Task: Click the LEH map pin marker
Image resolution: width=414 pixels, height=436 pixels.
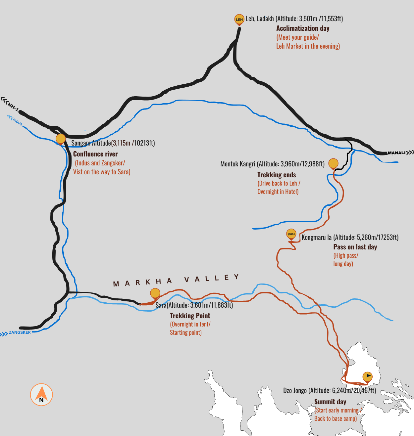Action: [x=239, y=20]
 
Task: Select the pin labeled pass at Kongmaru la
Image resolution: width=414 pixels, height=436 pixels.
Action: [x=291, y=234]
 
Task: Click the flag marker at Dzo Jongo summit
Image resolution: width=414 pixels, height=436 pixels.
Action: [x=367, y=377]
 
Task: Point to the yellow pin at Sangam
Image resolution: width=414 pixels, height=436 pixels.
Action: [x=61, y=139]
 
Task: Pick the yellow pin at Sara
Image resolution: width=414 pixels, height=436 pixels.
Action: [x=155, y=293]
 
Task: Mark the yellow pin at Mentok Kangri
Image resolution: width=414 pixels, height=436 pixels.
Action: [x=333, y=163]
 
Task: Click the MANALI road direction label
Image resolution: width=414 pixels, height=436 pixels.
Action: [x=396, y=153]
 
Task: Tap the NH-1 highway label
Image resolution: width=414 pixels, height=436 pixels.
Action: [x=14, y=107]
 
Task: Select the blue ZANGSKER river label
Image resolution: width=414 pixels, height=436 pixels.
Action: [x=20, y=332]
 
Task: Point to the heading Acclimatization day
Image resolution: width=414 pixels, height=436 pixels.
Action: [x=303, y=28]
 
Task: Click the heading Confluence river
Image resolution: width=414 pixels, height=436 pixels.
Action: [x=95, y=154]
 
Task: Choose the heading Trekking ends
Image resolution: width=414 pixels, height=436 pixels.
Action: [x=277, y=175]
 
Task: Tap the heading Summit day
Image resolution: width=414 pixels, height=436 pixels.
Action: [x=330, y=402]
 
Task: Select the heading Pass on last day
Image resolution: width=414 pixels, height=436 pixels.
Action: [x=355, y=247]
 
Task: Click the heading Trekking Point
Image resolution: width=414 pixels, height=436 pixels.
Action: [x=190, y=316]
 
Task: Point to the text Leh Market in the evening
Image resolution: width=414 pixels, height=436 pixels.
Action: [x=308, y=46]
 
